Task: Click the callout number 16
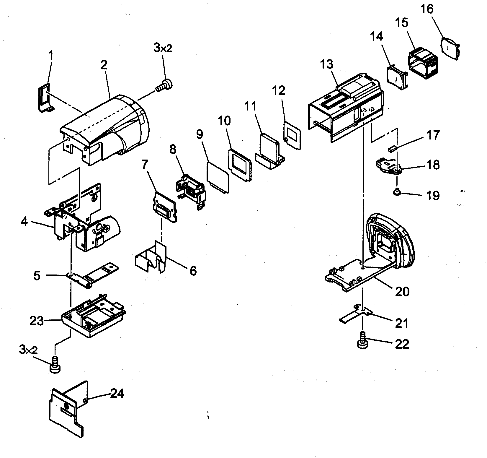click(x=427, y=10)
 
